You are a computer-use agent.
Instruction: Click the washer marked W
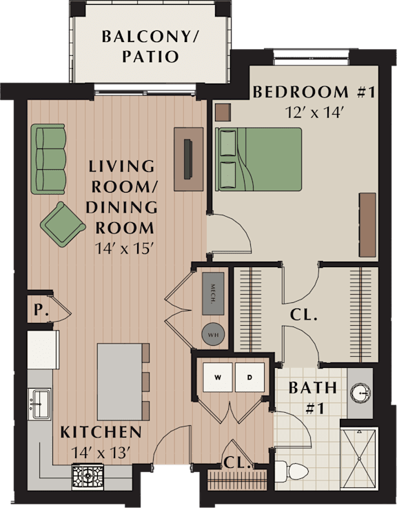coord(217,377)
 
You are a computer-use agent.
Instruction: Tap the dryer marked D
coord(250,377)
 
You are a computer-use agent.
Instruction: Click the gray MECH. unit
coord(213,293)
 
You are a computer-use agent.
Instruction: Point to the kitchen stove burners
coord(88,476)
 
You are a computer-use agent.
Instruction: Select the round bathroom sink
coord(360,393)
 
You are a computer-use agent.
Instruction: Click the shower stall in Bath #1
coord(359,459)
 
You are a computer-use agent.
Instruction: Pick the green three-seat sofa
coord(48,159)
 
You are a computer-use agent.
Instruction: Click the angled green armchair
coord(63,224)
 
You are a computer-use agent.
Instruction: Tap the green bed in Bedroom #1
coord(258,159)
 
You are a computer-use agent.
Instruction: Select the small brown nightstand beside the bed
coord(223,112)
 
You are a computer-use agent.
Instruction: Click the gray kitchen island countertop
coord(120,382)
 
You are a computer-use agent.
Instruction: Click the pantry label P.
coord(41,311)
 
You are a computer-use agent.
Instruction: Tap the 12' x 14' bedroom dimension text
coord(314,113)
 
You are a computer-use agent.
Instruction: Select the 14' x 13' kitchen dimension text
coord(101,453)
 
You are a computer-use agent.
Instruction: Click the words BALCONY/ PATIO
coord(150,46)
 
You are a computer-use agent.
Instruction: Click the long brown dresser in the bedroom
coord(367,225)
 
